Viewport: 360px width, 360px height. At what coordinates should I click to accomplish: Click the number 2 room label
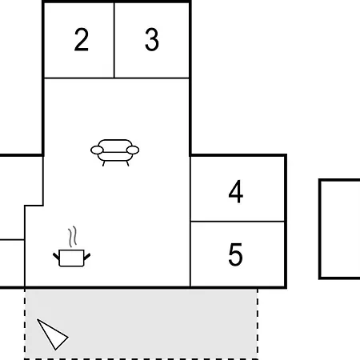(82, 39)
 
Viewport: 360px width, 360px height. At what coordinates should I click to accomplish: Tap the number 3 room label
(152, 39)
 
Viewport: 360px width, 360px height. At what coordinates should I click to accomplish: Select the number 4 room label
(236, 191)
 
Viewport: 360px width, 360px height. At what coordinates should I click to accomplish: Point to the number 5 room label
(235, 254)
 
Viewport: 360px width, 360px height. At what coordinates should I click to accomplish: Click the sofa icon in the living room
(114, 153)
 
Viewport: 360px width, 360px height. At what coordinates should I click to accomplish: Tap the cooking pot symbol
(71, 258)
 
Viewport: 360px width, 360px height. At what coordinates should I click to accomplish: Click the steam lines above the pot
(72, 237)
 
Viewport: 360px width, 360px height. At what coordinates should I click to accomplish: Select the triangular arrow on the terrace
(52, 334)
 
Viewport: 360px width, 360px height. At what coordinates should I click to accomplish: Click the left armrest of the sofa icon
(97, 150)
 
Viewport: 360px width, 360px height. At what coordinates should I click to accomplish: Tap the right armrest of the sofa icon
(133, 150)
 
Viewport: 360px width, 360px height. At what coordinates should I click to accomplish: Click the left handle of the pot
(56, 257)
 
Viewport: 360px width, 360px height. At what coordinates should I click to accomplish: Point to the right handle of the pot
(87, 257)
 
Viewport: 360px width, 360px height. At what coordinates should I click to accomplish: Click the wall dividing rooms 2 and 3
(114, 40)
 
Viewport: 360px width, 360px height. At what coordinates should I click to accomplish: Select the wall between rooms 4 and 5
(238, 222)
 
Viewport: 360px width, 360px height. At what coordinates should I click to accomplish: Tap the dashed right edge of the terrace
(258, 324)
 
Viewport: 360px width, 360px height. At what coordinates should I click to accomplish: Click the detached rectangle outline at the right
(320, 230)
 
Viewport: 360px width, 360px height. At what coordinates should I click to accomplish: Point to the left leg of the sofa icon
(104, 163)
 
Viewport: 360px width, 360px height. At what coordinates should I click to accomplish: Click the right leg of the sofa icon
(128, 163)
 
